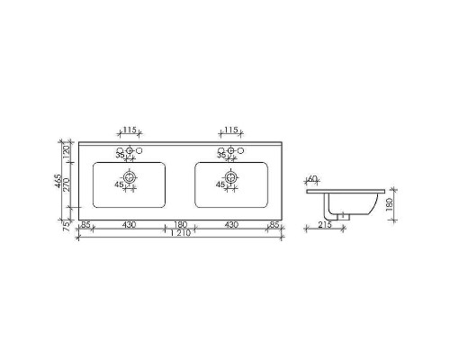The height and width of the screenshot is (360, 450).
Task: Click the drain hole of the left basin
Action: (130, 176)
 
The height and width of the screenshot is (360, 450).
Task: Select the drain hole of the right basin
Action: (231, 176)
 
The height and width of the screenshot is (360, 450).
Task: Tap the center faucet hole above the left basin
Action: (130, 150)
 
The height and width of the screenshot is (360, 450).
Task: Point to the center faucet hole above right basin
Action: (231, 150)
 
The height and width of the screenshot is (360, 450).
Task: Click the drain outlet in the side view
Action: (342, 213)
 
